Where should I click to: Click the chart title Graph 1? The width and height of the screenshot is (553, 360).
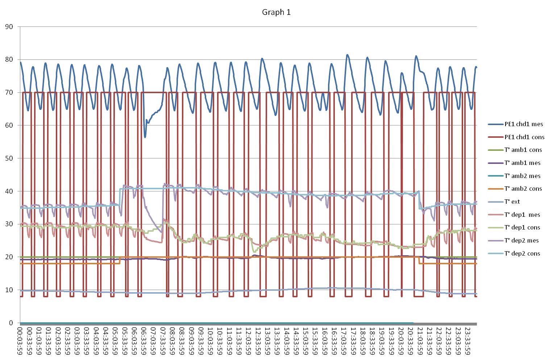276,12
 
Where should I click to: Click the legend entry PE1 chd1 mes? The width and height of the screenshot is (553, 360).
524,124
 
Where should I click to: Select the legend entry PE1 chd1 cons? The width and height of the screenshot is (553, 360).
524,137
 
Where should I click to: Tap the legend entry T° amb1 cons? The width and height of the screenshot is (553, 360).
523,150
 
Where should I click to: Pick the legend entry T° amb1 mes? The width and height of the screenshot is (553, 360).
522,163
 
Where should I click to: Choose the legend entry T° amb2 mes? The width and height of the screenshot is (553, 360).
522,176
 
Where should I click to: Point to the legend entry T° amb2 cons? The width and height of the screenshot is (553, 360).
523,189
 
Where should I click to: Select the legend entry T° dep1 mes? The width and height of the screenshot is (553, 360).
522,215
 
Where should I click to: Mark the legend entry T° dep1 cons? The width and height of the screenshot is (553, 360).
522,227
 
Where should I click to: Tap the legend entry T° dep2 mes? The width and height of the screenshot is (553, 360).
521,240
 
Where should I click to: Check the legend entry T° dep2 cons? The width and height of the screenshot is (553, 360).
522,253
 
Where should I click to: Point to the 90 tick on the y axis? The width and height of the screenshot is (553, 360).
9,27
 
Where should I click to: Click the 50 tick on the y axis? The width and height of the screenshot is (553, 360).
9,158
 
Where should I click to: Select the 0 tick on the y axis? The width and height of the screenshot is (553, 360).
11,323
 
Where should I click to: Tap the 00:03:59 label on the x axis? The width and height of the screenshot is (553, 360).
20,341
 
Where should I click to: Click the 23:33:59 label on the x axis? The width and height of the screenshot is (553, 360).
467,341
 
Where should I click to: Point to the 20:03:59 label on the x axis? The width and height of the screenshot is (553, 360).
400,341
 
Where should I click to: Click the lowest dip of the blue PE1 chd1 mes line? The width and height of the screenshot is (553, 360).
145,137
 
